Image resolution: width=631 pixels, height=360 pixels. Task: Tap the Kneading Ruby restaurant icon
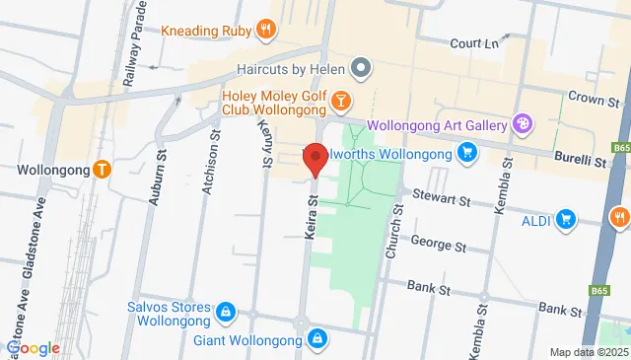264,30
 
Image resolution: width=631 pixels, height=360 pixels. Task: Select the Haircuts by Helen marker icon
362,68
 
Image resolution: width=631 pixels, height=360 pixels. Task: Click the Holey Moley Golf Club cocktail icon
340,100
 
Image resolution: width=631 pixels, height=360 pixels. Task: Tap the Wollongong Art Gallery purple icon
523,125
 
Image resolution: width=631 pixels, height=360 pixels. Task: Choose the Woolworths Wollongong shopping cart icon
467,153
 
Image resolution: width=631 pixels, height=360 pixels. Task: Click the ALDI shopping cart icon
565,218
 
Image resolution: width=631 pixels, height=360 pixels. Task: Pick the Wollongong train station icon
102,169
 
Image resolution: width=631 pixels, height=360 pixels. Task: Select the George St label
438,244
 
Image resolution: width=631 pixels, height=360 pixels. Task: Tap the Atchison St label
207,163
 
